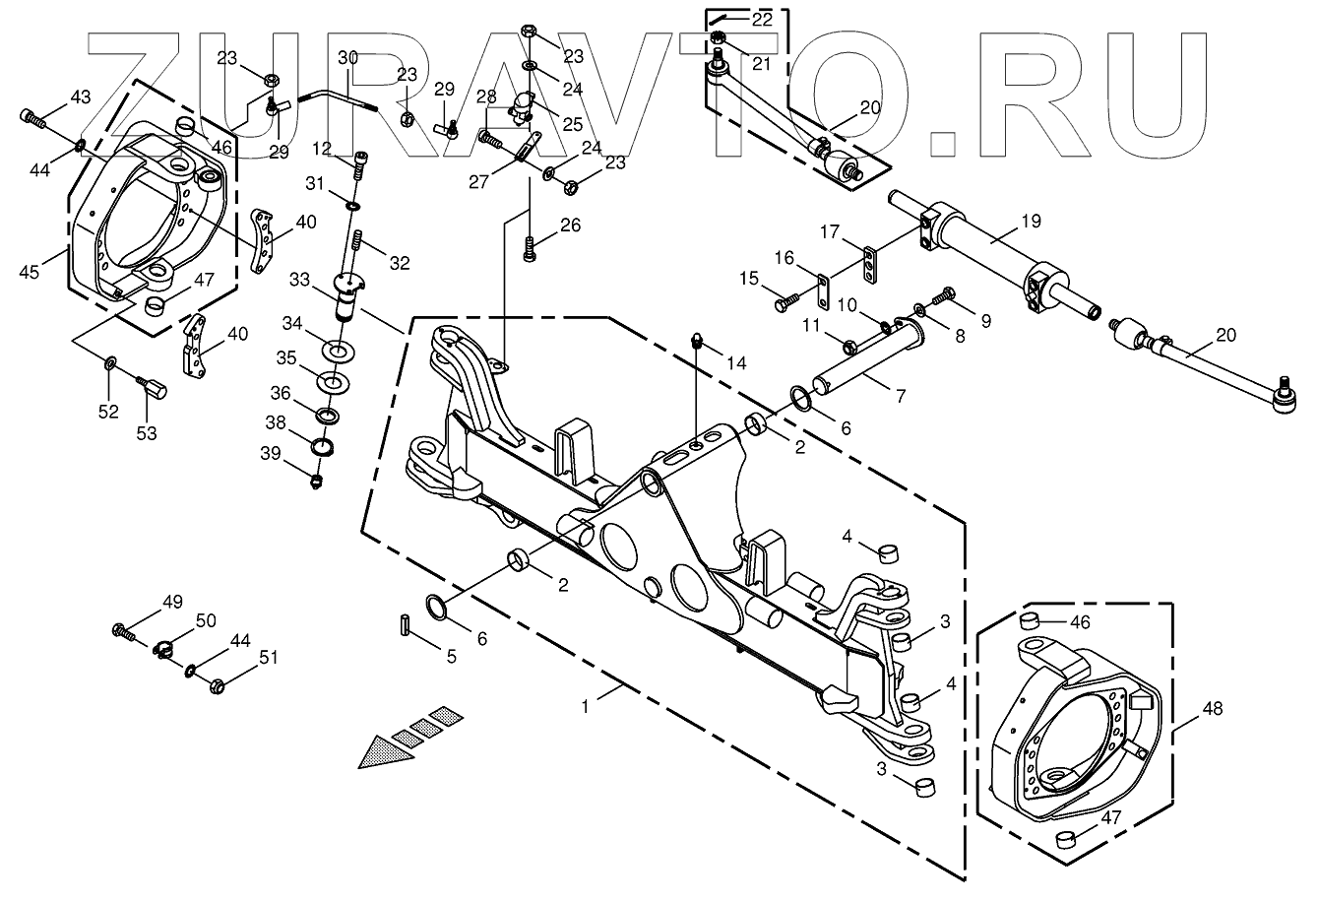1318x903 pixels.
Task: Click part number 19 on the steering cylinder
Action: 1031,222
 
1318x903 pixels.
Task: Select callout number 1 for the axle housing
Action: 586,706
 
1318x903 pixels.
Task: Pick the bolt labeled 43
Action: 31,119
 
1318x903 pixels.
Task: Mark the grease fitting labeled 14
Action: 696,343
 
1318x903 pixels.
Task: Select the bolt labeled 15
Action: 784,303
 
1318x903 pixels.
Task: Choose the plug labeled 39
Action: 317,482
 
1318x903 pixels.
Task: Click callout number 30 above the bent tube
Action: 347,59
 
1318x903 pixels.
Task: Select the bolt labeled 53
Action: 154,391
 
